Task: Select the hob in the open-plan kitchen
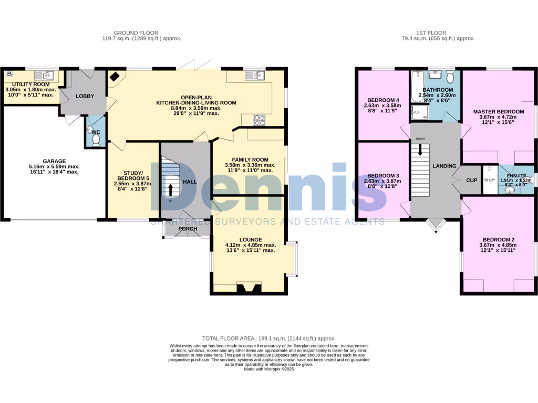point(260,120)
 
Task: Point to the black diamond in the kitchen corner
point(114,76)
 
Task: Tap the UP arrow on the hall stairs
point(170,188)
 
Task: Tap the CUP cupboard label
point(471,181)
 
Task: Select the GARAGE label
point(54,161)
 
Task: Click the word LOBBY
point(85,96)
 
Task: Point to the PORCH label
point(188,229)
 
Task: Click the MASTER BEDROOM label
point(498,112)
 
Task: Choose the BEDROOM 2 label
point(497,240)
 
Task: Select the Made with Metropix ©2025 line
point(268,369)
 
